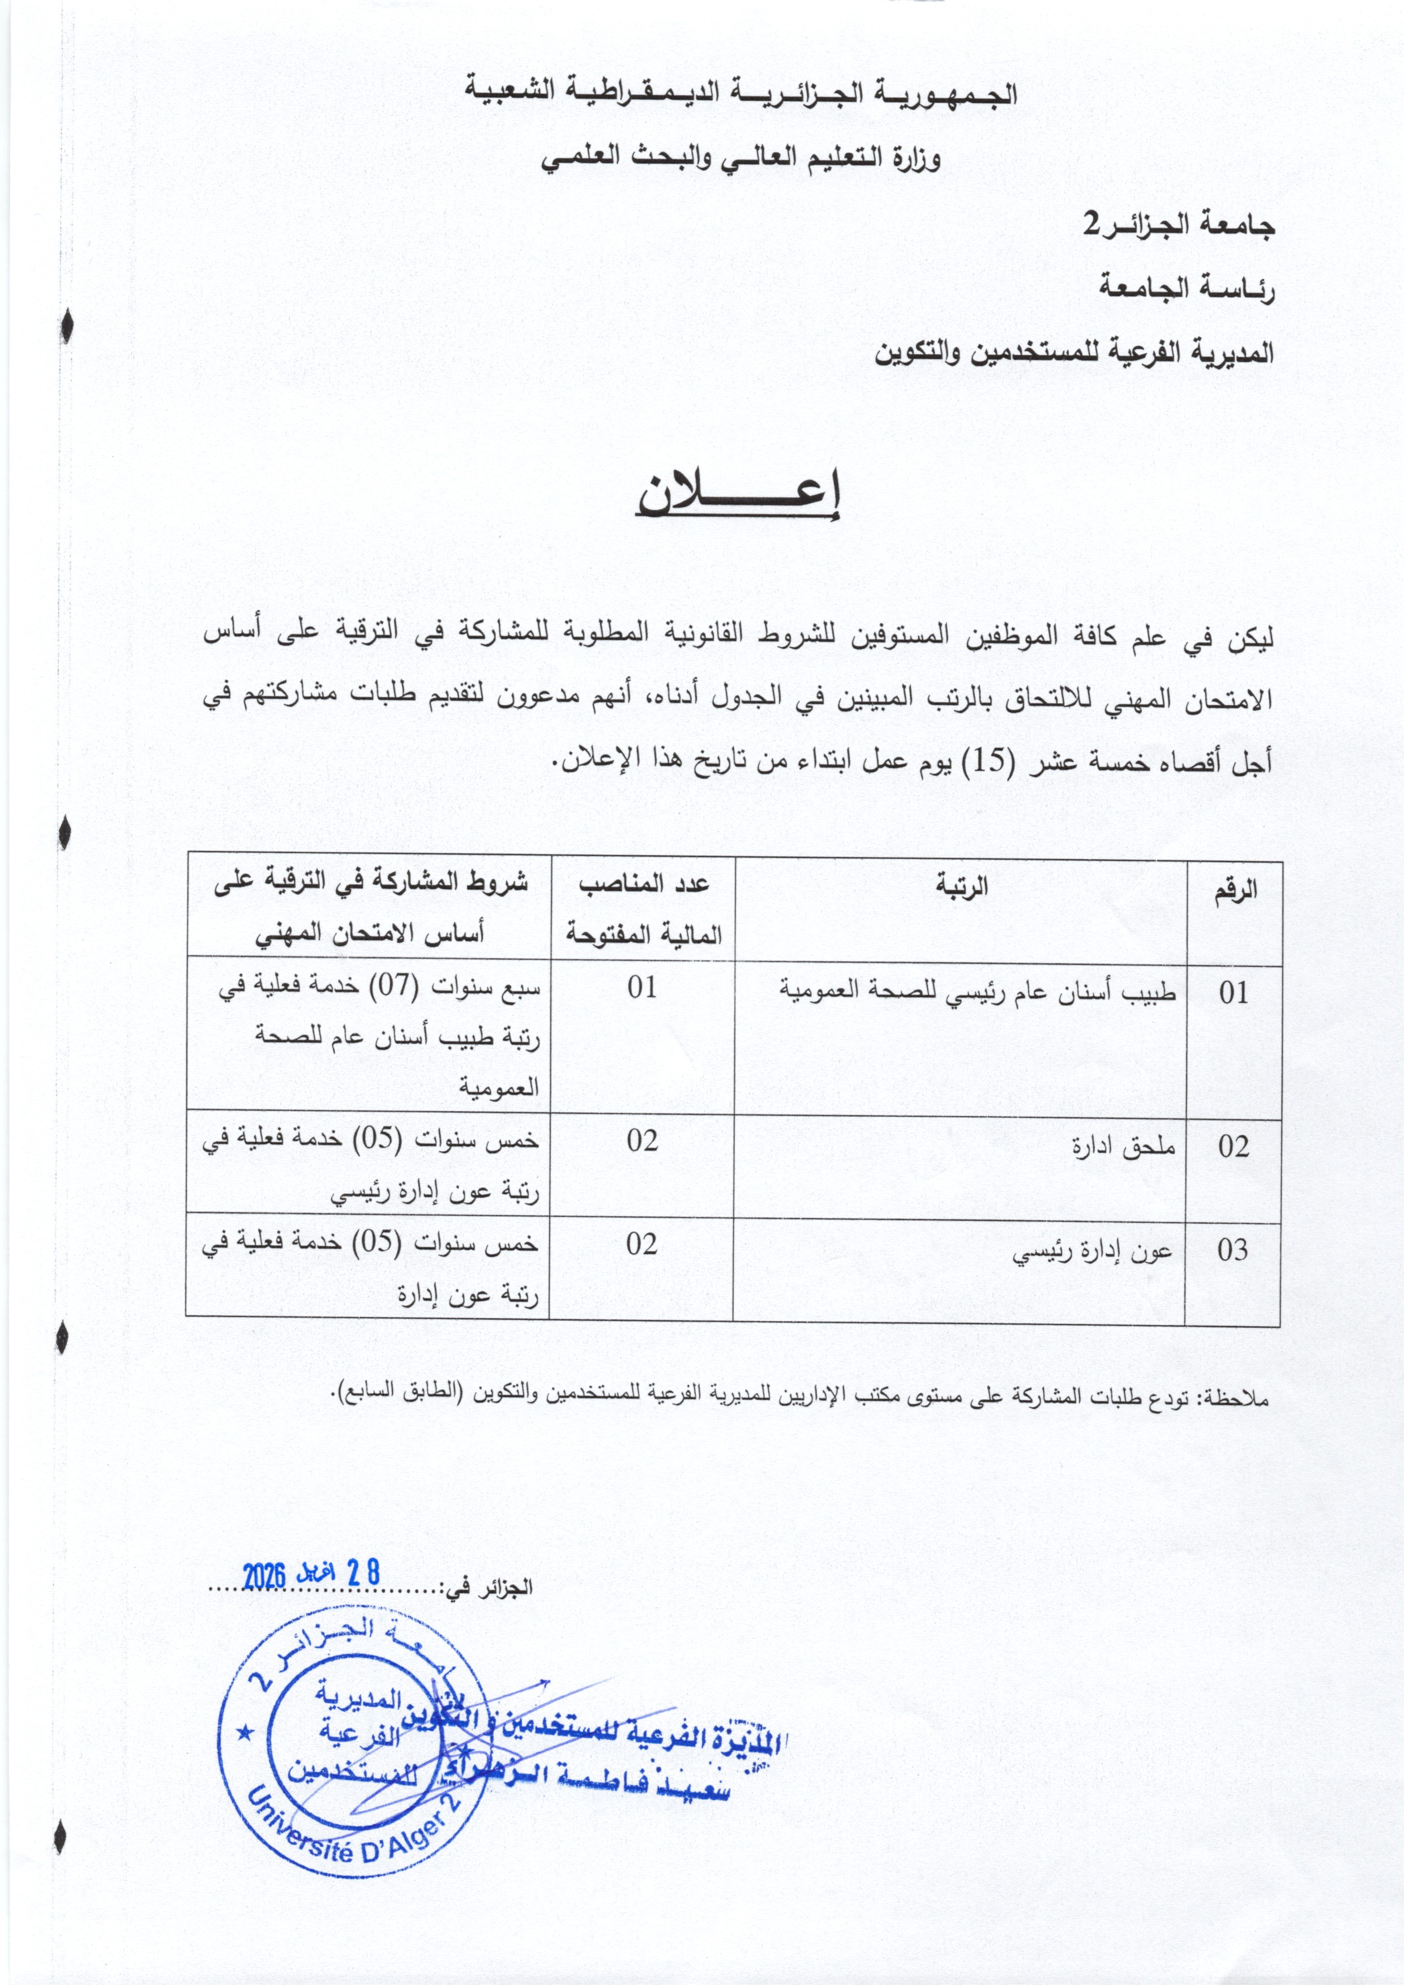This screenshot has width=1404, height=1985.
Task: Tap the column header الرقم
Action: click(x=1233, y=890)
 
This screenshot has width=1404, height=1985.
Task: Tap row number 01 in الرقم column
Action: click(x=1233, y=993)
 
